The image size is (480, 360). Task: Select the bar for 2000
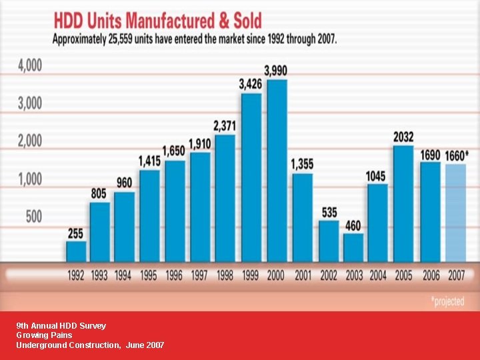click(277, 170)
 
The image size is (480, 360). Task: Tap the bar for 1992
click(76, 251)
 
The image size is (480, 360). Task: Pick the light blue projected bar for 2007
click(456, 212)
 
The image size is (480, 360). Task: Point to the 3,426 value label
click(251, 84)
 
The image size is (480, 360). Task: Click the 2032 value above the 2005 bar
click(403, 136)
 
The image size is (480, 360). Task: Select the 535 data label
click(329, 212)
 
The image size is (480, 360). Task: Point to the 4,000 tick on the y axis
click(30, 66)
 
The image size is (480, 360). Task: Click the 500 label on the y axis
click(33, 217)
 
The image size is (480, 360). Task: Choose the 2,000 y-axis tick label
click(30, 141)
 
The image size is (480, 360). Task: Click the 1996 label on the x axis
click(173, 275)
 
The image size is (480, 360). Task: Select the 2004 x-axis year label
click(377, 275)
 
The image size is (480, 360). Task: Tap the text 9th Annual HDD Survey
click(61, 326)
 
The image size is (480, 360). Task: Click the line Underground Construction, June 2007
click(90, 345)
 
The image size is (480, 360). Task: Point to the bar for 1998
click(225, 197)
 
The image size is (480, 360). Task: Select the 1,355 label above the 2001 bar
click(302, 163)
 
